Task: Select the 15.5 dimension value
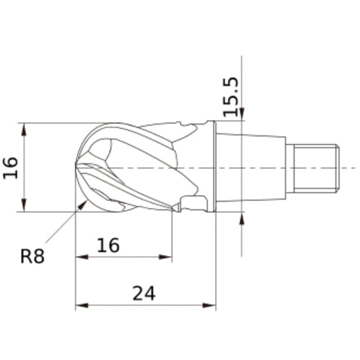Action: tap(230, 96)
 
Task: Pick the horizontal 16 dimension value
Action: tap(108, 245)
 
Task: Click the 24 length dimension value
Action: tap(144, 293)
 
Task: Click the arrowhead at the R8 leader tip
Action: tap(84, 204)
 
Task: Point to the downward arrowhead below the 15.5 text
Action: tap(243, 114)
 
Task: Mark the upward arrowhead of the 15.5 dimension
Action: tap(243, 217)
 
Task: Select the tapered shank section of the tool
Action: tap(252, 168)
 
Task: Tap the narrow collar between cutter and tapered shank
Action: tap(211, 167)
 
